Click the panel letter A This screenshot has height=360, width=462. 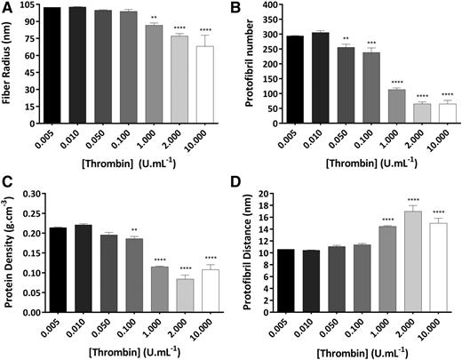[7, 11]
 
